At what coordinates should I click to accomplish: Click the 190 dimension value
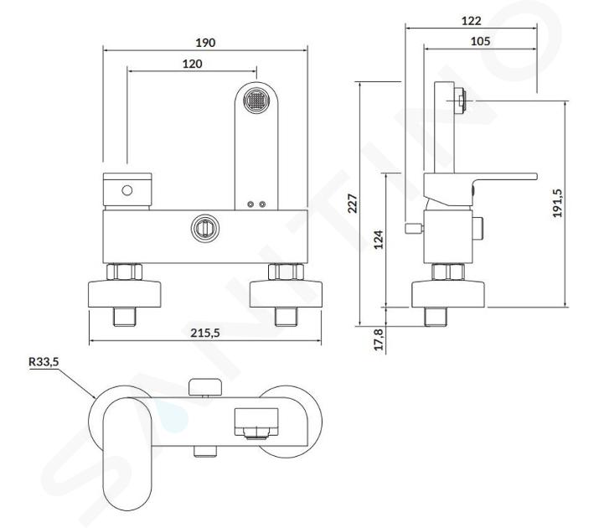tap(205, 43)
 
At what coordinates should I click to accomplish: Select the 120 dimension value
tap(192, 64)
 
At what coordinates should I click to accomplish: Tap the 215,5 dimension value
tap(205, 333)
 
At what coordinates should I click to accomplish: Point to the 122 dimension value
tap(471, 21)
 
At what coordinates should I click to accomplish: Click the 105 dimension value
tap(480, 41)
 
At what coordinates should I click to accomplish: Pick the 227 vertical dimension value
tap(353, 204)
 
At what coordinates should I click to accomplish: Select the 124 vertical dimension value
tap(379, 240)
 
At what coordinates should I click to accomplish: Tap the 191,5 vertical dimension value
tap(557, 203)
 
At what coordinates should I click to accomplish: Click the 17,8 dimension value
tap(379, 339)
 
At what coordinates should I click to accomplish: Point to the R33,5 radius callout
tap(44, 362)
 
